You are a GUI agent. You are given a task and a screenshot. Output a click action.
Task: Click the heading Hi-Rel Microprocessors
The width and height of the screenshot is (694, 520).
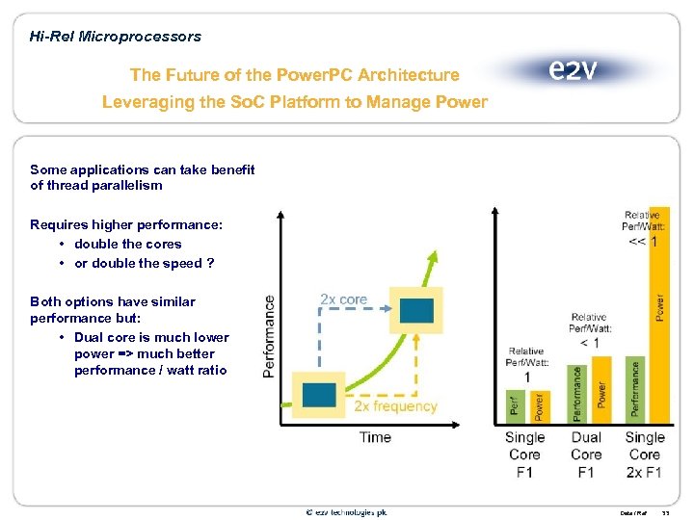click(x=116, y=37)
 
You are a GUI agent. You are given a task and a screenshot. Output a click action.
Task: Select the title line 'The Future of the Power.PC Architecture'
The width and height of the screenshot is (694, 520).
click(x=295, y=74)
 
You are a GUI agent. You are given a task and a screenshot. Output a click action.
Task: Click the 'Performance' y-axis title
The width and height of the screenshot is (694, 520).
click(x=268, y=336)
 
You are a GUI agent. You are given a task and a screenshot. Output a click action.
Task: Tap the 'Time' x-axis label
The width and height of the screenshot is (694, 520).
click(x=375, y=437)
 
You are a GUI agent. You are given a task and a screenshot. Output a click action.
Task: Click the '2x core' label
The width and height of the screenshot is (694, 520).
click(x=344, y=299)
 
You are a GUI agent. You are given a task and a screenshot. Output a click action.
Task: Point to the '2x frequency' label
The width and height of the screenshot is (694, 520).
click(x=395, y=406)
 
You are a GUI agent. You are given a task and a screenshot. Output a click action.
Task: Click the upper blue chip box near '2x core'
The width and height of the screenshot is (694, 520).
click(x=416, y=310)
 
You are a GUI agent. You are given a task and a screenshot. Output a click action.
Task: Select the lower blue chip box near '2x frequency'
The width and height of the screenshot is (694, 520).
click(x=319, y=395)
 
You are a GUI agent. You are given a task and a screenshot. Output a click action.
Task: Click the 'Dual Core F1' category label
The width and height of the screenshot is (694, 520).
click(x=585, y=455)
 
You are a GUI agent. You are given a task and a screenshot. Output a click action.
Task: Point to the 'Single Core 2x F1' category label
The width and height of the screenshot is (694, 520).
click(x=644, y=455)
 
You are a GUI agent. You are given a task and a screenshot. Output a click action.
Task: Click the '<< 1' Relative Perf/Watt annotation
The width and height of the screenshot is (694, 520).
click(x=643, y=242)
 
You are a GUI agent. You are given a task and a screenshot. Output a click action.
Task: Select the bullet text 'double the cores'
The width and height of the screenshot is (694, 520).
click(x=127, y=244)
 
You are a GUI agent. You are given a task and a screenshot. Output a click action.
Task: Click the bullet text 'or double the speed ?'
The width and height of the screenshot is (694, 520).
click(x=144, y=263)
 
